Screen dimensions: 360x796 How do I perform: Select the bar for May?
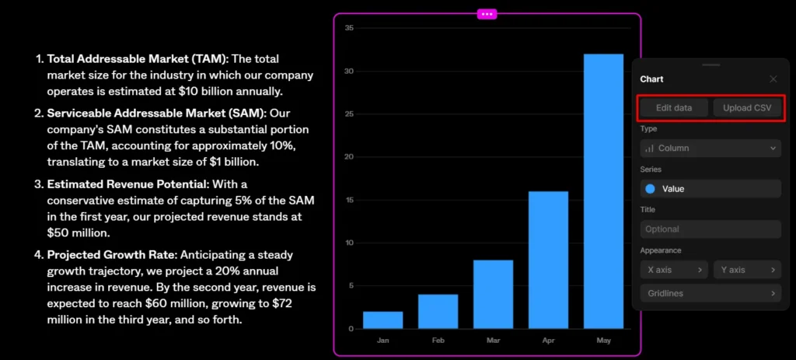pyautogui.click(x=603, y=191)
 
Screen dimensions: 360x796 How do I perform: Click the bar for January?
pyautogui.click(x=382, y=320)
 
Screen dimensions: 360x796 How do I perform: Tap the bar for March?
pyautogui.click(x=493, y=294)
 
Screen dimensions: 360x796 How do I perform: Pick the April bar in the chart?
pyautogui.click(x=548, y=260)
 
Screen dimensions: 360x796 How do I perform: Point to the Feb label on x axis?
pyautogui.click(x=438, y=341)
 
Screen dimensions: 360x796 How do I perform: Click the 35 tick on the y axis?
pyautogui.click(x=349, y=28)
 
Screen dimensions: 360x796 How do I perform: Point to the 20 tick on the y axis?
pyautogui.click(x=349, y=157)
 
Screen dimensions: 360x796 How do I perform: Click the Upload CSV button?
pyautogui.click(x=747, y=108)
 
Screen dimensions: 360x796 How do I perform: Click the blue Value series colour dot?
pyautogui.click(x=650, y=189)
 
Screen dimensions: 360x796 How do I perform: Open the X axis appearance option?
pyautogui.click(x=674, y=270)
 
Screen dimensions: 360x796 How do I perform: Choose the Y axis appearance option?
pyautogui.click(x=747, y=270)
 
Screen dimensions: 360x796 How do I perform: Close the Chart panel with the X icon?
pyautogui.click(x=773, y=79)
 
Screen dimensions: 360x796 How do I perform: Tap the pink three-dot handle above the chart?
pyautogui.click(x=487, y=14)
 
